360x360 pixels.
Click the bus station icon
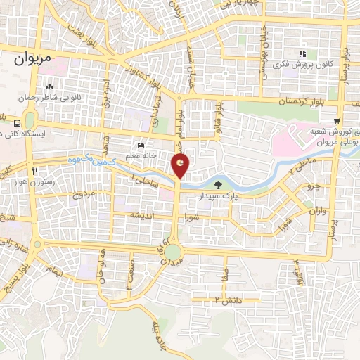pos(17,122)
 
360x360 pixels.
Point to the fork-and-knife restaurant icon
pos(34,171)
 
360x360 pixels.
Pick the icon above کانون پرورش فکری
pos(302,53)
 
